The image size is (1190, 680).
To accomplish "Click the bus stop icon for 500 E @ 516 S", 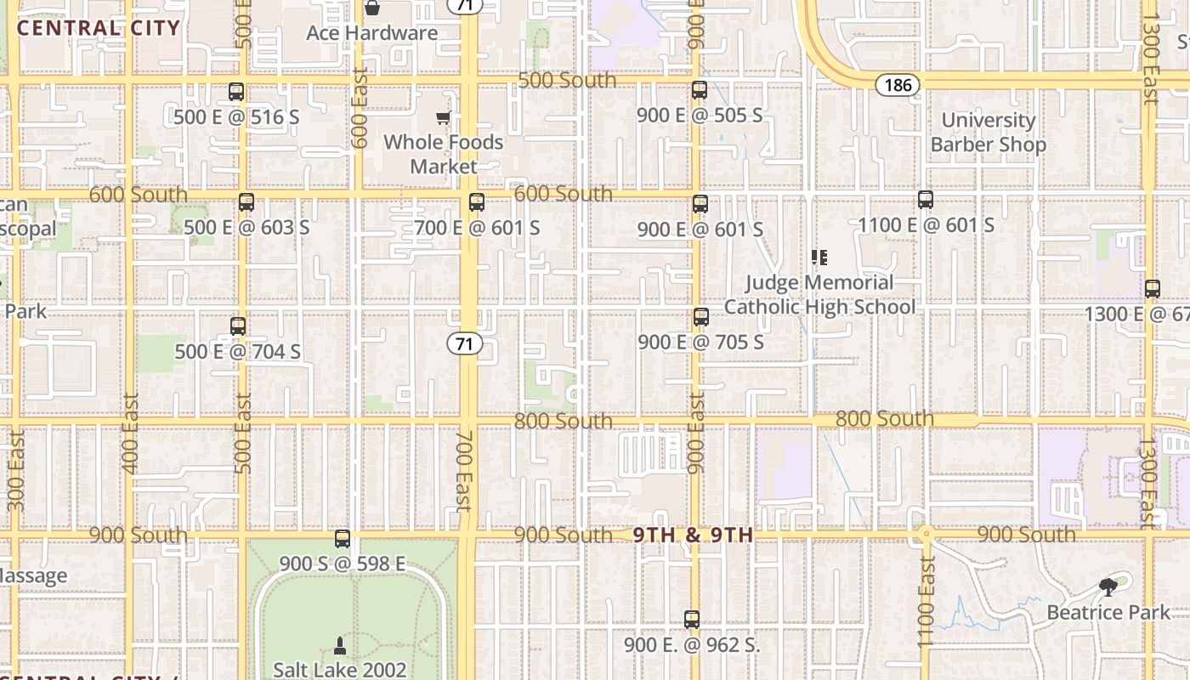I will (236, 91).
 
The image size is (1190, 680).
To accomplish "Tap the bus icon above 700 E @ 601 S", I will (476, 202).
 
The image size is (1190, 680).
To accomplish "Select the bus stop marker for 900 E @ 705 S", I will (700, 317).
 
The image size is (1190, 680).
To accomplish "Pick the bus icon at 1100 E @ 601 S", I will (926, 200).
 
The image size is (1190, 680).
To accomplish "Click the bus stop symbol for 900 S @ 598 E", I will (343, 538).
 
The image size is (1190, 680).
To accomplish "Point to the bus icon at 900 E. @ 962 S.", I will (692, 620).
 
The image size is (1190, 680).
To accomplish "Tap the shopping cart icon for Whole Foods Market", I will (443, 117).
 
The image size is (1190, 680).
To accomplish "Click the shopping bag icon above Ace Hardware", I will (371, 8).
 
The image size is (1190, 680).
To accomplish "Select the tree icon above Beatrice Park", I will (1108, 586).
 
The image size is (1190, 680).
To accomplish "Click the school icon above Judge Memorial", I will (819, 257).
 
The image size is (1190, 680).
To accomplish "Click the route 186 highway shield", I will (898, 84).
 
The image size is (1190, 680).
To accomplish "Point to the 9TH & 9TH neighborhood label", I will (693, 535).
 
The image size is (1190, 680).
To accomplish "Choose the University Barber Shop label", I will (988, 133).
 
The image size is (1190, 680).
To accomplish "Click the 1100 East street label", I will (926, 601).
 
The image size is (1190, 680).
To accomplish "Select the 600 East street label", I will (359, 108).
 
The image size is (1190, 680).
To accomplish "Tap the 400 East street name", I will (130, 433).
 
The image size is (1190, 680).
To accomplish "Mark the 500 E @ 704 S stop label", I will (237, 351).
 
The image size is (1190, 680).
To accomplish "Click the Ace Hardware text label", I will (371, 33).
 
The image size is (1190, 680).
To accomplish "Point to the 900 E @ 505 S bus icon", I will (700, 89).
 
